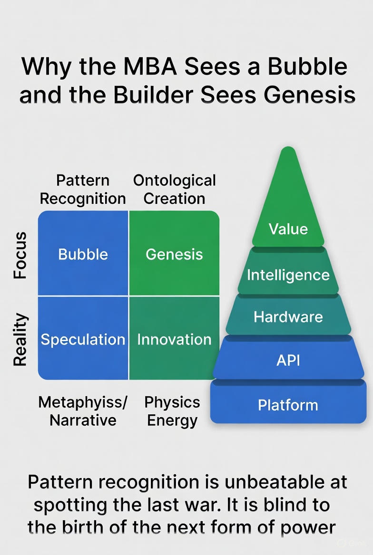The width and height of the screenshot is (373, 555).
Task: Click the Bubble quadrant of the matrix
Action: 83,254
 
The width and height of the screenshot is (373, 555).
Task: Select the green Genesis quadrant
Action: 174,254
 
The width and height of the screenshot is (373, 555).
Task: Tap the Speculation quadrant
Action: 83,339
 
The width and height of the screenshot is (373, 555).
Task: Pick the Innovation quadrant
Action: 174,339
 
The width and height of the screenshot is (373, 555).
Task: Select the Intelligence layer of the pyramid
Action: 288,274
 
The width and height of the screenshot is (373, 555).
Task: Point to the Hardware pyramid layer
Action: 288,316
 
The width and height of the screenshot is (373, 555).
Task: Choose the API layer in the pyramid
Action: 288,360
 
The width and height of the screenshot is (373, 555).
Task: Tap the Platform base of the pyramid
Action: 288,405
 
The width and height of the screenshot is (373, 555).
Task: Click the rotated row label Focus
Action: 20,255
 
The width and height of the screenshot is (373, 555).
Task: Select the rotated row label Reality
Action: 20,339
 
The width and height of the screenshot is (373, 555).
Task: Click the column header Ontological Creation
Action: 174,189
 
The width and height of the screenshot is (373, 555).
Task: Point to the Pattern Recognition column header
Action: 83,189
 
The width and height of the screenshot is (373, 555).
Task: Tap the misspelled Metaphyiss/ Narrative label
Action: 83,411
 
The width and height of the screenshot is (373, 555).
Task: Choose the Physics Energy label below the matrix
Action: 172,411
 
